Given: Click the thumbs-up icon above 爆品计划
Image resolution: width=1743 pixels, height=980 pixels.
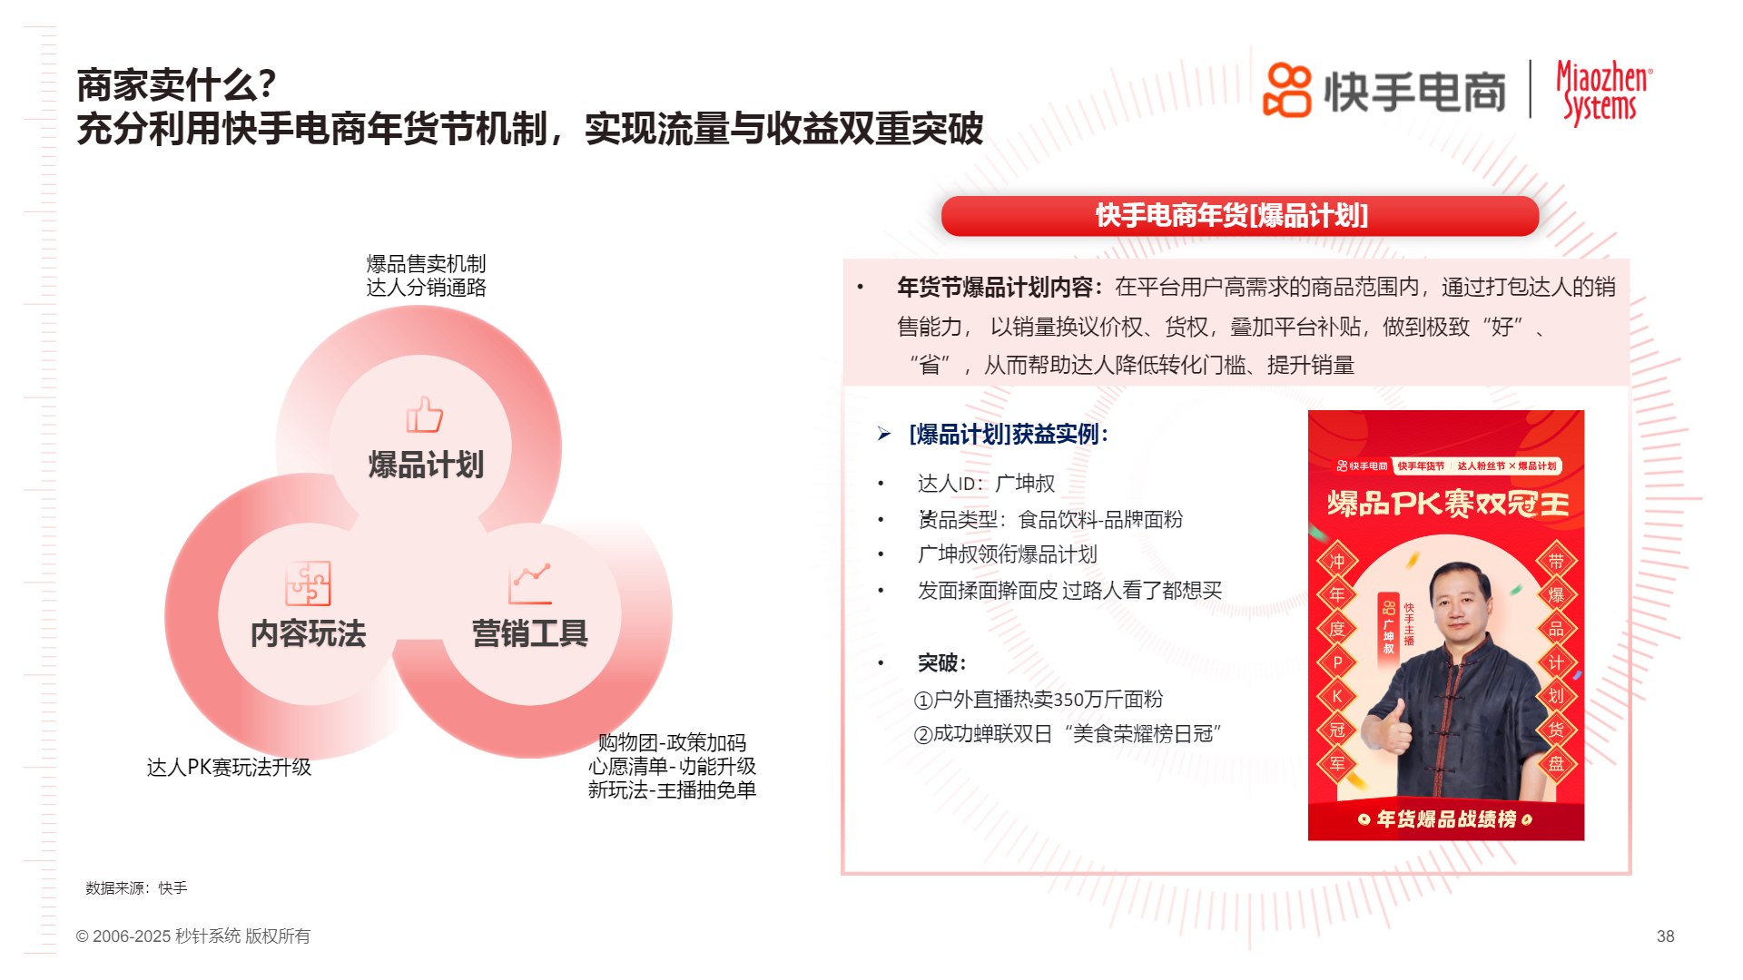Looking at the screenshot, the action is click(x=424, y=416).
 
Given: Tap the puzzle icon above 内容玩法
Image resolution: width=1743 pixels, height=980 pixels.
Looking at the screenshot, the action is click(x=308, y=583).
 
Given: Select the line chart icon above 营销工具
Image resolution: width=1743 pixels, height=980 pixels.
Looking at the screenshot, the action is click(x=530, y=583).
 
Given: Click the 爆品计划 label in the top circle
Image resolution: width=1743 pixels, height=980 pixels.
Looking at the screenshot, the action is click(x=426, y=465).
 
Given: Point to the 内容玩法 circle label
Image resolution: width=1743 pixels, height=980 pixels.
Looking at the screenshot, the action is click(x=308, y=633).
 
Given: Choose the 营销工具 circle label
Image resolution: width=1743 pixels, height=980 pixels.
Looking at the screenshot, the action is click(x=530, y=633).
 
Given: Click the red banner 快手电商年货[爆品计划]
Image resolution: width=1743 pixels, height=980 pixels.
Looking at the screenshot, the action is click(x=1240, y=216).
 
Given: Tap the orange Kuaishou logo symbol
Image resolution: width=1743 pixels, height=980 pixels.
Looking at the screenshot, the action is click(x=1287, y=90).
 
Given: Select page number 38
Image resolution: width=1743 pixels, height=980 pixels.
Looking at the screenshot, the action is click(x=1665, y=936).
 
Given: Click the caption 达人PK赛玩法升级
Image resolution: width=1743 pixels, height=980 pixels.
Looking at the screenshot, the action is click(x=229, y=768).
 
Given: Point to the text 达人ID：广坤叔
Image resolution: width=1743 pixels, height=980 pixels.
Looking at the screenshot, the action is click(x=986, y=484).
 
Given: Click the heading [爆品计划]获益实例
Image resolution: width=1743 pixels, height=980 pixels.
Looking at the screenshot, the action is click(x=1009, y=435).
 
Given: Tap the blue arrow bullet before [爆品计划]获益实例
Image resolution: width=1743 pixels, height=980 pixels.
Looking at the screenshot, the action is click(x=884, y=435).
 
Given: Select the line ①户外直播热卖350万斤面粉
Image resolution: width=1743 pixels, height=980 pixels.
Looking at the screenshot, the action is click(x=1039, y=700).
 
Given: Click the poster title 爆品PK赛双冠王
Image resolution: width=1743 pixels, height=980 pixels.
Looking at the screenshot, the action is click(x=1447, y=504).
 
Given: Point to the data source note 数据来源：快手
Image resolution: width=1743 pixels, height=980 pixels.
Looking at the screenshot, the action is click(x=136, y=888).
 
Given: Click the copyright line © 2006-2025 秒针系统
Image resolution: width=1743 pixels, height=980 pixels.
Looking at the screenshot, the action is click(x=192, y=936).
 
